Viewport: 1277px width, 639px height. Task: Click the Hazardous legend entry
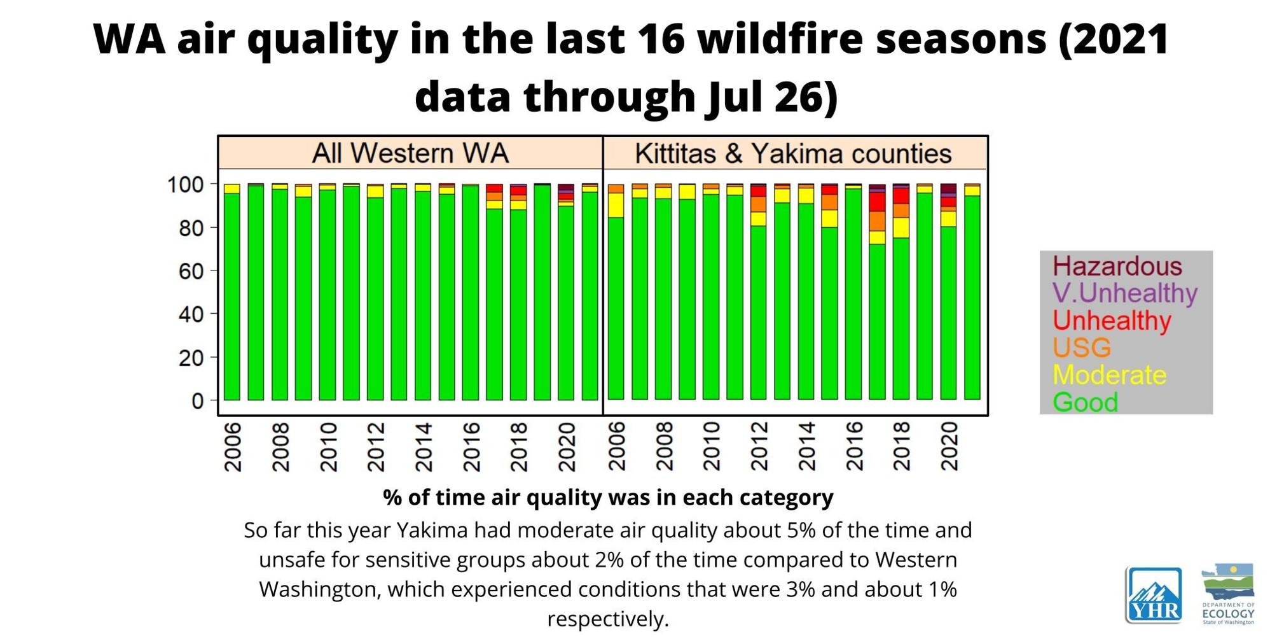click(1117, 266)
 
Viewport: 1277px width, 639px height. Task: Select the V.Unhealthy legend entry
click(1124, 293)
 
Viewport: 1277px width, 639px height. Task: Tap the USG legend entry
click(1082, 348)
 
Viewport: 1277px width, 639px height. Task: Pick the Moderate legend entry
click(1109, 375)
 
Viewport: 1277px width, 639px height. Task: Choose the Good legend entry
click(1085, 402)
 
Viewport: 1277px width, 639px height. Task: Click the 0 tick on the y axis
click(197, 401)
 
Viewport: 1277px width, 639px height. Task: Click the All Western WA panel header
click(410, 153)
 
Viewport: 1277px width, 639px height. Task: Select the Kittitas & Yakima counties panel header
click(793, 153)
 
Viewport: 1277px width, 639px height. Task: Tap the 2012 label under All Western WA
click(375, 447)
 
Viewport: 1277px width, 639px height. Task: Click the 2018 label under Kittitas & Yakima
click(901, 447)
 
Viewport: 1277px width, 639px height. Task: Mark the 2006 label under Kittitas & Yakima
click(616, 447)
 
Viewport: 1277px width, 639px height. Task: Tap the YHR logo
click(1154, 595)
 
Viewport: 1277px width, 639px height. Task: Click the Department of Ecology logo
click(1228, 593)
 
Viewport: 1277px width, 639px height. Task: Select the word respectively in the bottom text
click(607, 619)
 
